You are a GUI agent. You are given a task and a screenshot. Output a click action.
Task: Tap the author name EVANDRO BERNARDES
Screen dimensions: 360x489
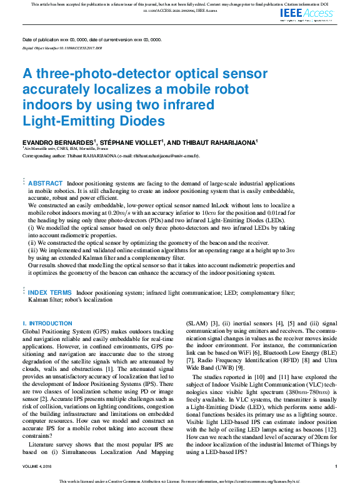(57, 142)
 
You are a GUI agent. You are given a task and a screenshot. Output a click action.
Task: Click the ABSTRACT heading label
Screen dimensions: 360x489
(45, 184)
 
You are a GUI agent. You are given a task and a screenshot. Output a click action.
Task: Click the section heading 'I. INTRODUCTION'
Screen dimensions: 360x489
(47, 324)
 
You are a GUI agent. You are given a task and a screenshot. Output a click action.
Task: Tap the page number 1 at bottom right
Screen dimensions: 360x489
(336, 467)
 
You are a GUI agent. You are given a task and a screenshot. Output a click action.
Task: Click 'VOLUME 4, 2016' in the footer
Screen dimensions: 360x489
(39, 467)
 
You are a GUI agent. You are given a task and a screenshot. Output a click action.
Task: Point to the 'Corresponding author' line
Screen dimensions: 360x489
(111, 156)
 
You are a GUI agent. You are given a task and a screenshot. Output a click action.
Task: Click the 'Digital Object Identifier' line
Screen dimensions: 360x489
(62, 48)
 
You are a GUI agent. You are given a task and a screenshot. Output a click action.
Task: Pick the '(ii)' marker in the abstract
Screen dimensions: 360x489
(33, 243)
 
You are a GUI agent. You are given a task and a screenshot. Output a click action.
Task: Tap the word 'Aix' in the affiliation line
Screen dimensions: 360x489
(28, 149)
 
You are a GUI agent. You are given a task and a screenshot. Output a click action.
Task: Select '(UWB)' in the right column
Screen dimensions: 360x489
(222, 368)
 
